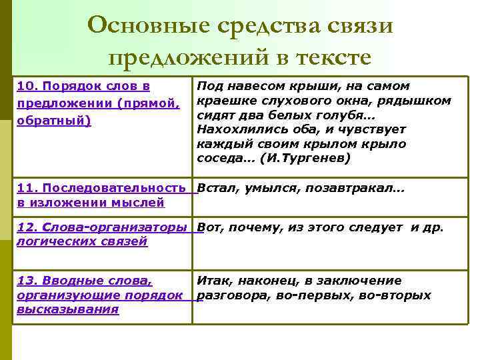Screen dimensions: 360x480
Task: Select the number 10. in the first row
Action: (x=28, y=87)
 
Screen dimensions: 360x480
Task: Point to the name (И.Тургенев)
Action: (x=307, y=159)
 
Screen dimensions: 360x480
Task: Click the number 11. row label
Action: (x=27, y=189)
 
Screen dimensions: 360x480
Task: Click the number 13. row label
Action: (x=27, y=281)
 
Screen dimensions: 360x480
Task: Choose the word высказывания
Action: (x=67, y=309)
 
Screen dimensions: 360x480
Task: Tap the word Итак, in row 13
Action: (x=215, y=281)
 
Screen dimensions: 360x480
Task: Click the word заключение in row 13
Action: (x=368, y=281)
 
